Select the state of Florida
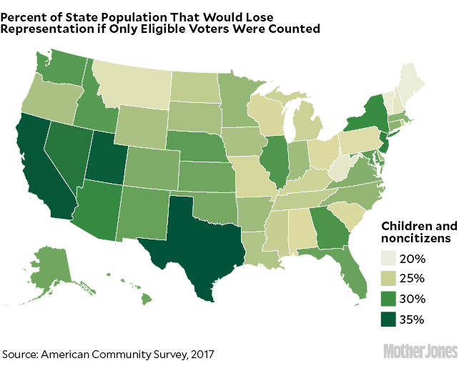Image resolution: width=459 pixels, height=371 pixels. point(352,275)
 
